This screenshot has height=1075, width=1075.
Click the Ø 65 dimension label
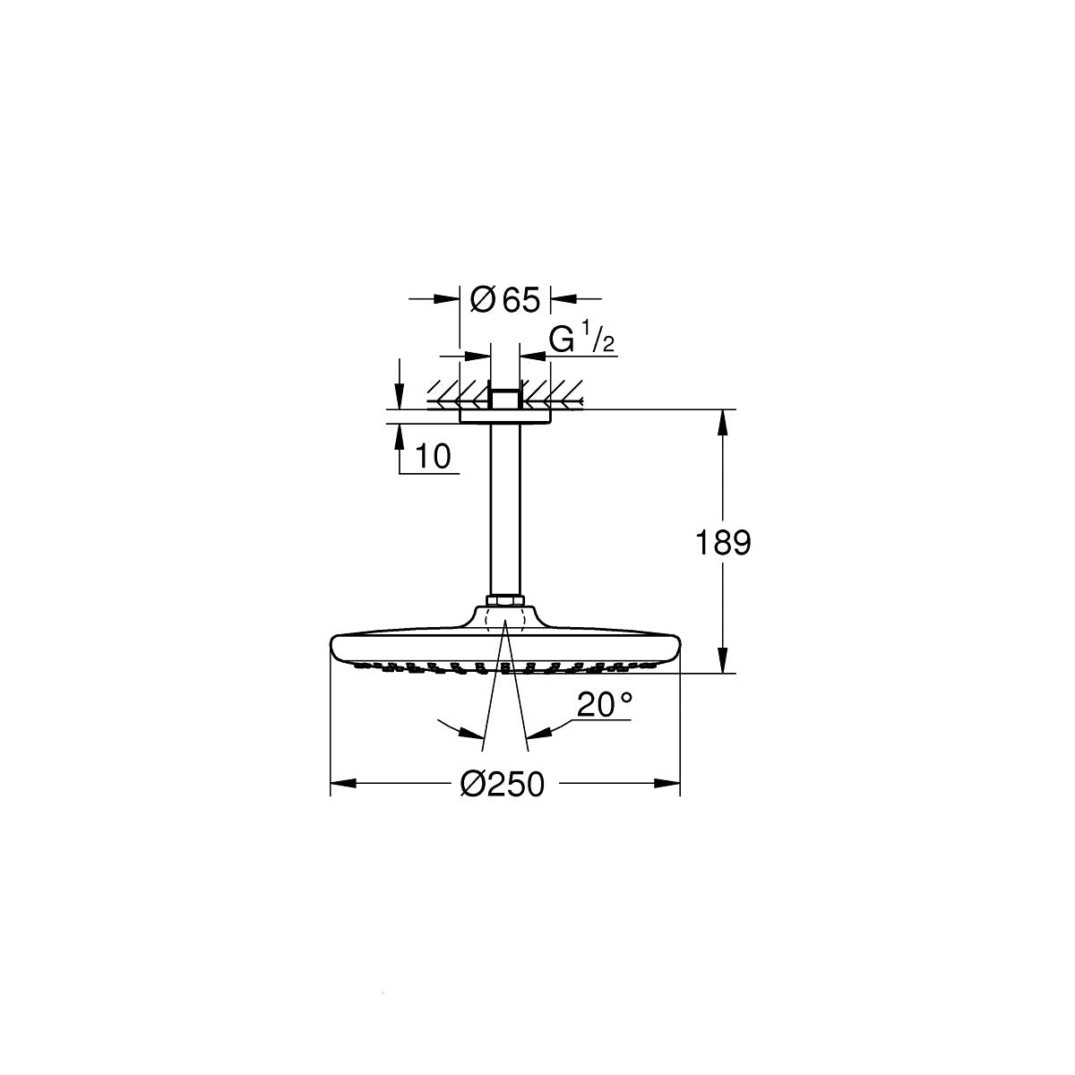[504, 301]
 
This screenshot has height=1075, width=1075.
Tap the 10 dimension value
[433, 457]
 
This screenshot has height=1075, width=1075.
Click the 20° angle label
[604, 706]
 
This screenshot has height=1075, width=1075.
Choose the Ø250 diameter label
[503, 785]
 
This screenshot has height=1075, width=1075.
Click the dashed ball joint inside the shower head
[503, 621]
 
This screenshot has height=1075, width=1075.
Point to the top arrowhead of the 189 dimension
[723, 421]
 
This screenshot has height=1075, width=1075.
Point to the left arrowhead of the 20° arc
[472, 734]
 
